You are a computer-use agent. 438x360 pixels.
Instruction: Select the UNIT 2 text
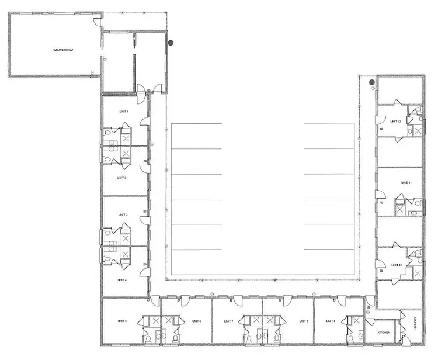click(x=121, y=177)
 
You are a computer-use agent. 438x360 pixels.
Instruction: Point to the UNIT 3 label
click(x=123, y=215)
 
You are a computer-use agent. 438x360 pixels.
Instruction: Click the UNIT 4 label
click(x=121, y=280)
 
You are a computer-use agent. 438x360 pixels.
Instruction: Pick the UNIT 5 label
click(x=122, y=321)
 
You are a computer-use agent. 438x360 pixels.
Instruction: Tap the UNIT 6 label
click(x=196, y=321)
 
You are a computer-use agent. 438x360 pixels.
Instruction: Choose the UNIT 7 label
click(x=228, y=321)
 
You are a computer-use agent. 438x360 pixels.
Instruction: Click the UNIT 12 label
click(x=395, y=121)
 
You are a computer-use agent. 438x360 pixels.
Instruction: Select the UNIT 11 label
click(x=406, y=182)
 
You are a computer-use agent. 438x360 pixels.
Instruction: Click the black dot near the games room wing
click(x=171, y=42)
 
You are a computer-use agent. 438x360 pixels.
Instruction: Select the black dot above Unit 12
click(x=372, y=83)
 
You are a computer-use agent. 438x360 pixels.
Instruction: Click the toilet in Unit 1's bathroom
click(x=109, y=134)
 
